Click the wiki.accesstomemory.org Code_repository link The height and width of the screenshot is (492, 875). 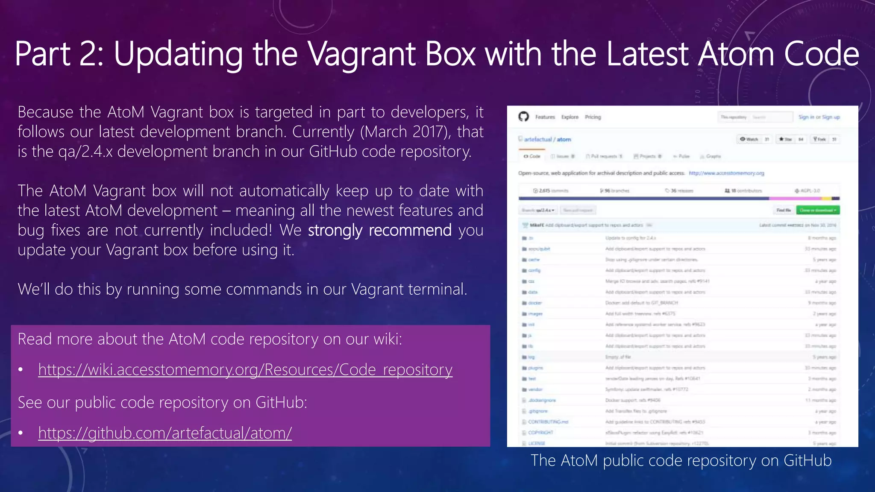[x=245, y=370]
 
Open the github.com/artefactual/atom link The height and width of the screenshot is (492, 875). [x=165, y=433]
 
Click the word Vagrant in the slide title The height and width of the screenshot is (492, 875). [x=362, y=54]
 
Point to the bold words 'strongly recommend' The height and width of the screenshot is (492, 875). [x=379, y=230]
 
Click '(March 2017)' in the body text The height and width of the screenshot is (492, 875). [x=405, y=132]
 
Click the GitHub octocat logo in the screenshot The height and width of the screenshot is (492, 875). [x=523, y=117]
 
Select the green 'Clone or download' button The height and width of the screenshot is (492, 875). [x=818, y=210]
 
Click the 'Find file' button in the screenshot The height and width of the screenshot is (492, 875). [x=784, y=210]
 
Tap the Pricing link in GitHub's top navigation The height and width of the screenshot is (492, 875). [x=593, y=117]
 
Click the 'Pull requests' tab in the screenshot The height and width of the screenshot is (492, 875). [x=604, y=156]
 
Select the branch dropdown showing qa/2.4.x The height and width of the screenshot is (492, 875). [x=538, y=210]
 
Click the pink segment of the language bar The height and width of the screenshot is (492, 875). [x=795, y=199]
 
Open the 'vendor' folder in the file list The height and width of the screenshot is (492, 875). [x=535, y=389]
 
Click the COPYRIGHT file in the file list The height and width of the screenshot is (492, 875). [x=540, y=433]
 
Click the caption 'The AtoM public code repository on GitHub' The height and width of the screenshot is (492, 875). [x=681, y=461]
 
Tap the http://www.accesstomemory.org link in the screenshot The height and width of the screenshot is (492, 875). [x=726, y=173]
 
